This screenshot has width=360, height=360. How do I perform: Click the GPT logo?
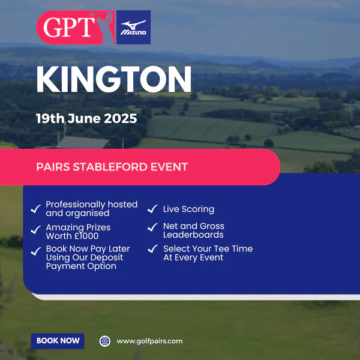pyautogui.click(x=76, y=28)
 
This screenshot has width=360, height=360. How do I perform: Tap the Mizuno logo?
pyautogui.click(x=133, y=28)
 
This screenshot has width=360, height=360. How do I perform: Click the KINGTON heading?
pyautogui.click(x=113, y=79)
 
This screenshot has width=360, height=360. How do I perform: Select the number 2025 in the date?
pyautogui.click(x=121, y=118)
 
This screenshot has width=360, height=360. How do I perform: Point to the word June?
pyautogui.click(x=84, y=118)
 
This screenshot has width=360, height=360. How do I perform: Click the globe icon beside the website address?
pyautogui.click(x=105, y=341)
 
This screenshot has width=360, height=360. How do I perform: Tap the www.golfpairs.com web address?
pyautogui.click(x=149, y=341)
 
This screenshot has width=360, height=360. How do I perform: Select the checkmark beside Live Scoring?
pyautogui.click(x=152, y=209)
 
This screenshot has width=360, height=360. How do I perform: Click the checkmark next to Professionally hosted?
pyautogui.click(x=36, y=209)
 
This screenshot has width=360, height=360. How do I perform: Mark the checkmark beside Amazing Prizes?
pyautogui.click(x=36, y=230)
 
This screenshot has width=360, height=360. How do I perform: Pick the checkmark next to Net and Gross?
pyautogui.click(x=152, y=227)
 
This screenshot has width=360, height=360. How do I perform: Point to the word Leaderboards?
pyautogui.click(x=193, y=235)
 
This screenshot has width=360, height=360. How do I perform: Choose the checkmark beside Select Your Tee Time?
pyautogui.click(x=152, y=249)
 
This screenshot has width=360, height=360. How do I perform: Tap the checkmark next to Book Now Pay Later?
pyautogui.click(x=36, y=251)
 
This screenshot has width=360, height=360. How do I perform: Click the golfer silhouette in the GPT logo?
pyautogui.click(x=104, y=28)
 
